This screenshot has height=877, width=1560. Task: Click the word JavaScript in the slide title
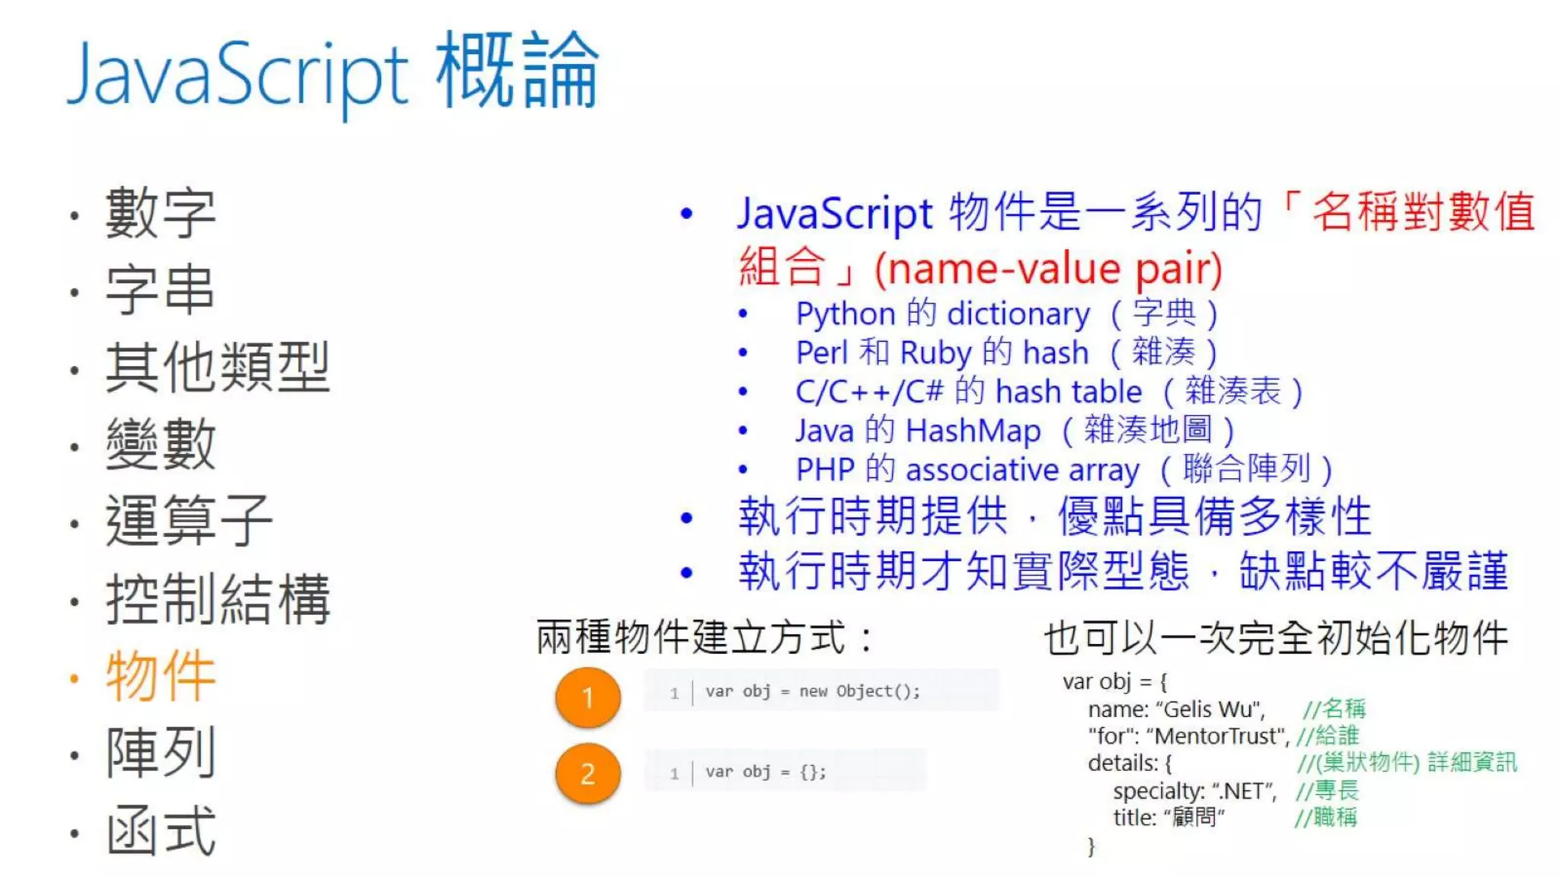tap(238, 75)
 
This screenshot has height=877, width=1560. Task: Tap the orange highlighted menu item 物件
tap(161, 676)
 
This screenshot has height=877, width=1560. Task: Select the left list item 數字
tap(161, 213)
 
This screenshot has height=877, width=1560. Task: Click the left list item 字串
tap(160, 290)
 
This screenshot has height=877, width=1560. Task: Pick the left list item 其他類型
tap(217, 368)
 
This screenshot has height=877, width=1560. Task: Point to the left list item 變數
tap(161, 445)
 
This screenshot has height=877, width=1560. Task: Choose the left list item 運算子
tap(189, 521)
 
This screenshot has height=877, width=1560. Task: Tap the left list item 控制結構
tap(218, 599)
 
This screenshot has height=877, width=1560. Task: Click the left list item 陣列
tap(161, 753)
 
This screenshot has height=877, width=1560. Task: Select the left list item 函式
tap(161, 831)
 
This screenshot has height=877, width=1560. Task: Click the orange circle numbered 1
tap(587, 697)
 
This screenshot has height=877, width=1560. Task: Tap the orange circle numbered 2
tap(587, 773)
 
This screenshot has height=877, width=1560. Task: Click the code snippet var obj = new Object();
tap(812, 691)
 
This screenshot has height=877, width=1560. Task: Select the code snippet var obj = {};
tap(765, 772)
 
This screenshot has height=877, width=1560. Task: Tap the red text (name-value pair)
tap(1048, 268)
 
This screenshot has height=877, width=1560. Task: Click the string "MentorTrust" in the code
tap(1217, 736)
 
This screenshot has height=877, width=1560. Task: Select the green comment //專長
tap(1326, 790)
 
